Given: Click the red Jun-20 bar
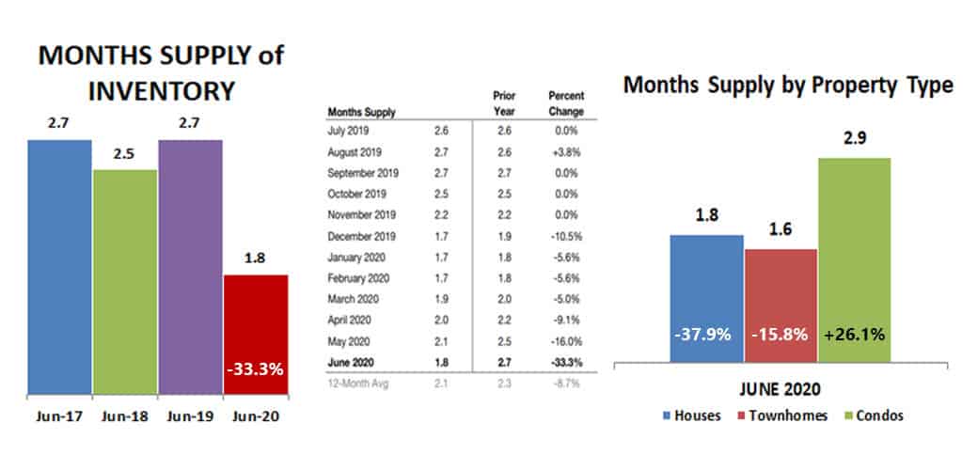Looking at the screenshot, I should [x=255, y=334].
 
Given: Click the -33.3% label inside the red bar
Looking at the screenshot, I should [x=255, y=368].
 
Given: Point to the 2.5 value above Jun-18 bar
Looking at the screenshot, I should [x=124, y=153].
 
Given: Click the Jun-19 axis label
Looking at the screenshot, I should [x=191, y=414].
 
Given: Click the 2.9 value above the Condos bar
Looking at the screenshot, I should [x=854, y=138].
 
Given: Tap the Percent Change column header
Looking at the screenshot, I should [x=565, y=103].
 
